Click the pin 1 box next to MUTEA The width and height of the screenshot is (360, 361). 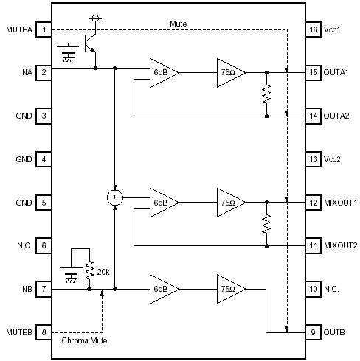point(45,29)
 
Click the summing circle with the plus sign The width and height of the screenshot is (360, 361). point(114,197)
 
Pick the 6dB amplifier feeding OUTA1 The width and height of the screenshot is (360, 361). point(160,73)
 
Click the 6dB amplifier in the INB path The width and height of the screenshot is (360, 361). point(160,290)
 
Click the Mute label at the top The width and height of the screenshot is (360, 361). point(178,24)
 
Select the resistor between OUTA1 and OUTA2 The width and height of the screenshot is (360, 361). point(266,94)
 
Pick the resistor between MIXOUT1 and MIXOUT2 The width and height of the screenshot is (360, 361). point(266,224)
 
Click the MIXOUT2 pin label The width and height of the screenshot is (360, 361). point(340,246)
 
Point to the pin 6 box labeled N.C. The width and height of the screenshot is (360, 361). point(45,246)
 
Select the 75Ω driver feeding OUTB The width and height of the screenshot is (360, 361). point(229,290)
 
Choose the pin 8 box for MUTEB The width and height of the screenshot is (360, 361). point(45,333)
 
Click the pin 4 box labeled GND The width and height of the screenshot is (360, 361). point(45,159)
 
